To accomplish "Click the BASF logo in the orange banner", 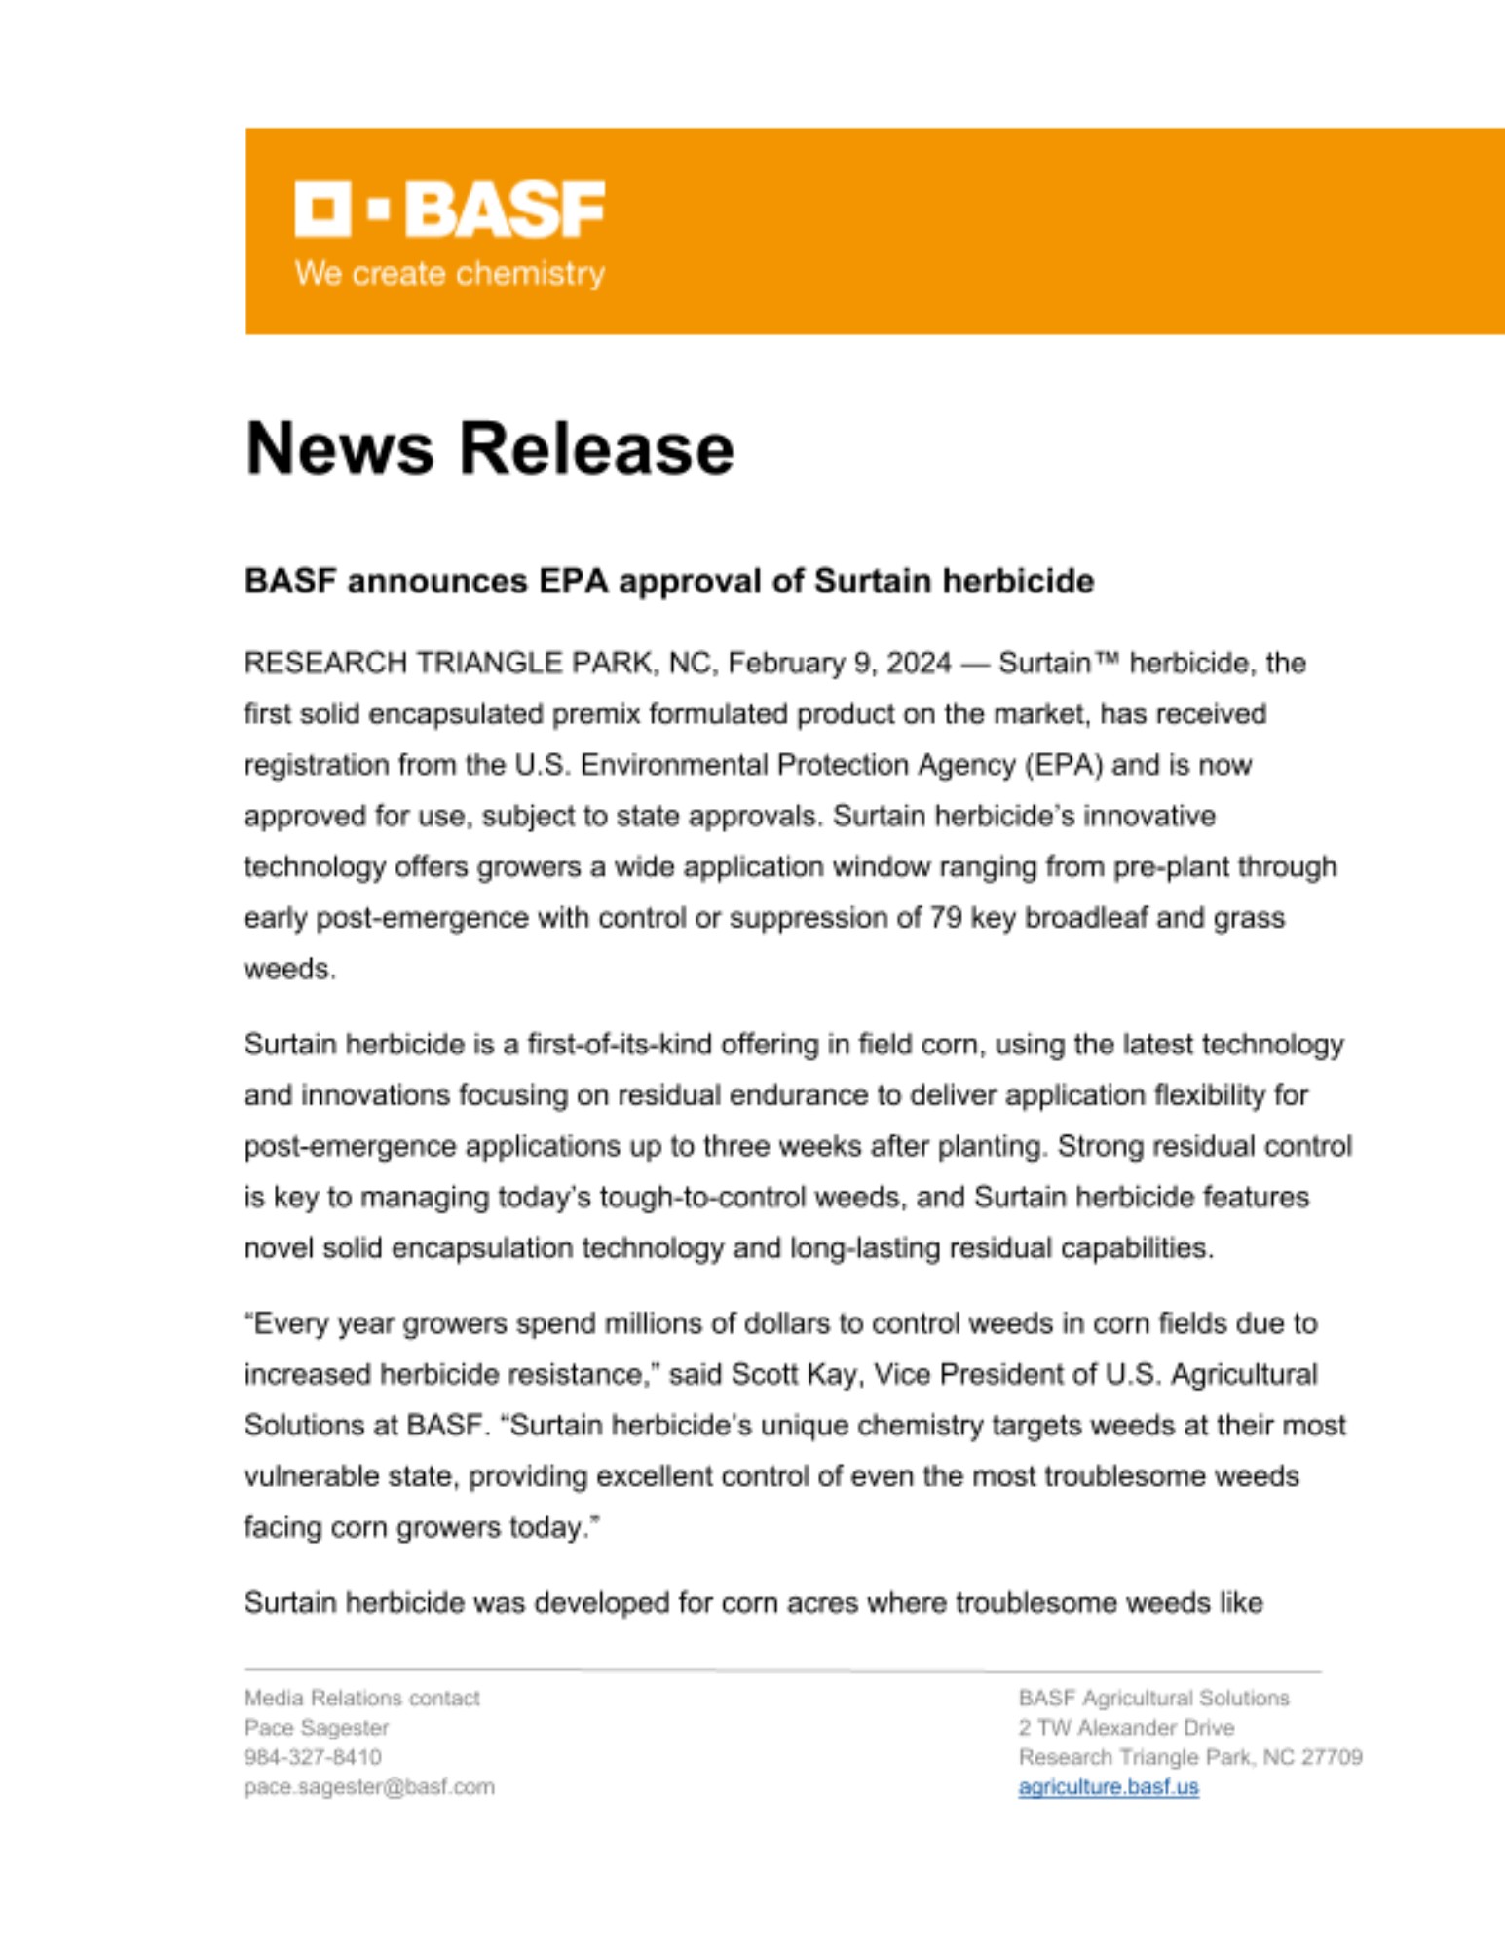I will point(449,208).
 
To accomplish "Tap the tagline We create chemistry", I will point(449,274).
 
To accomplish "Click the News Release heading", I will point(489,448).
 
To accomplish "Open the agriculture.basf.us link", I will point(1108,1787).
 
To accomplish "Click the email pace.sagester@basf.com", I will point(369,1787).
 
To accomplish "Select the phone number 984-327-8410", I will point(313,1757).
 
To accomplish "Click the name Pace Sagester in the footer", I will point(317,1728).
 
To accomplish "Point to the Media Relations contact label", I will point(361,1699).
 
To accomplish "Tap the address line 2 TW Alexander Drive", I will point(1126,1728).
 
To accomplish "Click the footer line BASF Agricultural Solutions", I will point(1153,1699).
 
